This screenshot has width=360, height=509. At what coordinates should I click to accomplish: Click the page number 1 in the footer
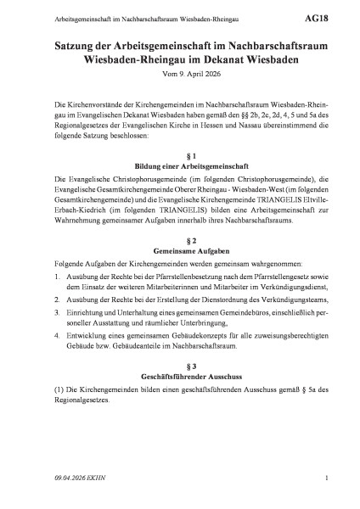pyautogui.click(x=326, y=482)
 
